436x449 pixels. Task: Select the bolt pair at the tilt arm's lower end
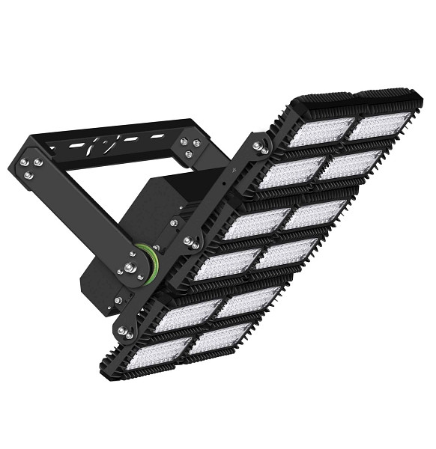click(x=124, y=326)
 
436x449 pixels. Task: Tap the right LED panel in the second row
click(x=347, y=165)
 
